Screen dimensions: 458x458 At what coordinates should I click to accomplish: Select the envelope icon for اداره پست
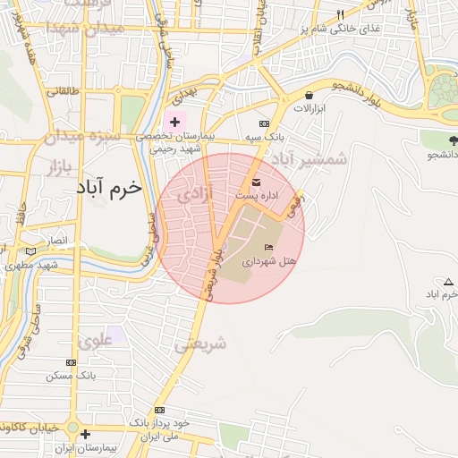coord(257,182)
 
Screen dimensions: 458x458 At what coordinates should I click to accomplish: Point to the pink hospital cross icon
coord(174,121)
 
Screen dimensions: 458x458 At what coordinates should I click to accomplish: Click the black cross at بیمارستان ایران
coord(85,435)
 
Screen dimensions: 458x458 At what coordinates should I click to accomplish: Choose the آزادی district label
coord(196,192)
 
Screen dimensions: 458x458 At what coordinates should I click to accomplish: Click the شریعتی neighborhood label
coord(200,343)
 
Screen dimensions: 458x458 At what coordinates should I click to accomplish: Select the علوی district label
coord(96,340)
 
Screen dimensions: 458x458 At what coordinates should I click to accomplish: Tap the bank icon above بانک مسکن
coord(71,363)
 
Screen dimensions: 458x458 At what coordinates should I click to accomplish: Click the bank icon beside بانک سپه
coord(263,124)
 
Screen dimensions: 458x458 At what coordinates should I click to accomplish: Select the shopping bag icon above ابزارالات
coord(309,95)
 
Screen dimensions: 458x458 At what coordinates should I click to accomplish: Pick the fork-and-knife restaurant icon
coord(340,15)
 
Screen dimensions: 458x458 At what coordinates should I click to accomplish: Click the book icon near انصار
coord(34,253)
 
